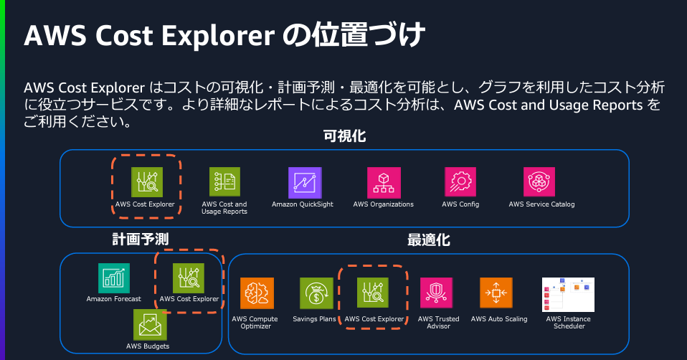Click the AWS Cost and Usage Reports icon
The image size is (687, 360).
coord(224,182)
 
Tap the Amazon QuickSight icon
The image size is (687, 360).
coord(305,183)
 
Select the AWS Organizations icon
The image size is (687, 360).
coord(384,183)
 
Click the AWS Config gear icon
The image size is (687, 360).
coord(460,181)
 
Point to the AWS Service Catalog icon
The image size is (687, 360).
coord(539,181)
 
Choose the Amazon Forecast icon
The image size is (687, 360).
coord(114,278)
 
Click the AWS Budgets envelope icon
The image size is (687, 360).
coord(150,325)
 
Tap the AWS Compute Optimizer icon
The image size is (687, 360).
coord(257,293)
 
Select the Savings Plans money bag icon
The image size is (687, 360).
coord(316,293)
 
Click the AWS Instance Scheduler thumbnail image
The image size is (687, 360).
coord(568,294)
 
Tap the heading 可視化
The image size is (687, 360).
coord(344,136)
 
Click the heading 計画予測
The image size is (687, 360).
coord(141,239)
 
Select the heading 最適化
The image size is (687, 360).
coord(429,240)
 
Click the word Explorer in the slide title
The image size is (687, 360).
coord(218,35)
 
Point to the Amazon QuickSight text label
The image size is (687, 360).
coord(303,204)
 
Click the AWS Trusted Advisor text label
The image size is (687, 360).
coord(439,322)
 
